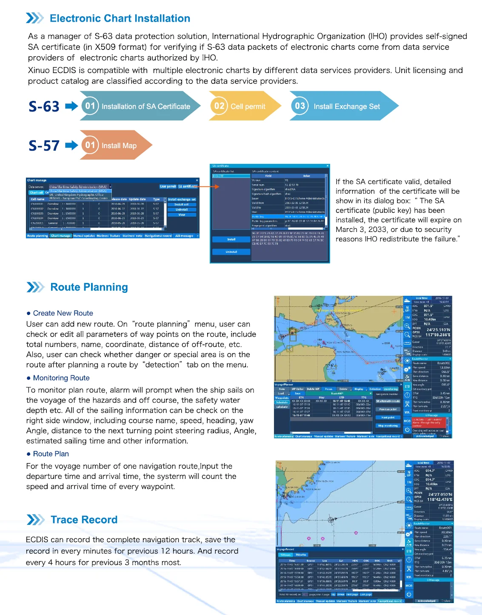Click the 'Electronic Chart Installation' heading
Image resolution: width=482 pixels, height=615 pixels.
(x=120, y=18)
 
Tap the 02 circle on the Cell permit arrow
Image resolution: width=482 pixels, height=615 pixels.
(x=219, y=106)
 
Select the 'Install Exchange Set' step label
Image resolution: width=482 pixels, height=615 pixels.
(x=346, y=106)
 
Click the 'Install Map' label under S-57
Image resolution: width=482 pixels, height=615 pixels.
(x=119, y=146)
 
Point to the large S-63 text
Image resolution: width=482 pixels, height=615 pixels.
(x=44, y=106)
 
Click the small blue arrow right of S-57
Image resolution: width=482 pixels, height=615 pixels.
(x=71, y=146)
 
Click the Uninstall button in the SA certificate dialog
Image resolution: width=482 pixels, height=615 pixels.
(x=231, y=252)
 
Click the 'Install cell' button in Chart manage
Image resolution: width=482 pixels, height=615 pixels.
(x=182, y=205)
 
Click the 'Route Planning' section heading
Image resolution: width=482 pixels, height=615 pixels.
(x=89, y=287)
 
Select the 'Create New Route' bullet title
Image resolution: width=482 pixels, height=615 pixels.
(x=63, y=313)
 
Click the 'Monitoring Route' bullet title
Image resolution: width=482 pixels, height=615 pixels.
(x=61, y=378)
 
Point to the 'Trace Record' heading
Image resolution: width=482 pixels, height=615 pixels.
(x=84, y=520)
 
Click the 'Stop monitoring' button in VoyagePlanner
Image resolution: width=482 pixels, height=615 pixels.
(x=388, y=426)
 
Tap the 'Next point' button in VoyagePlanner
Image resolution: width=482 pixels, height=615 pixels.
(x=388, y=418)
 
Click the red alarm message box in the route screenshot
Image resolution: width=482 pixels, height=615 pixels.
(x=427, y=422)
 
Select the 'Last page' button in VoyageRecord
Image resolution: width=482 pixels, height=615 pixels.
(x=366, y=595)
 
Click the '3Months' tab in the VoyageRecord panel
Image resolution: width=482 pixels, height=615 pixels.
(x=301, y=555)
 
